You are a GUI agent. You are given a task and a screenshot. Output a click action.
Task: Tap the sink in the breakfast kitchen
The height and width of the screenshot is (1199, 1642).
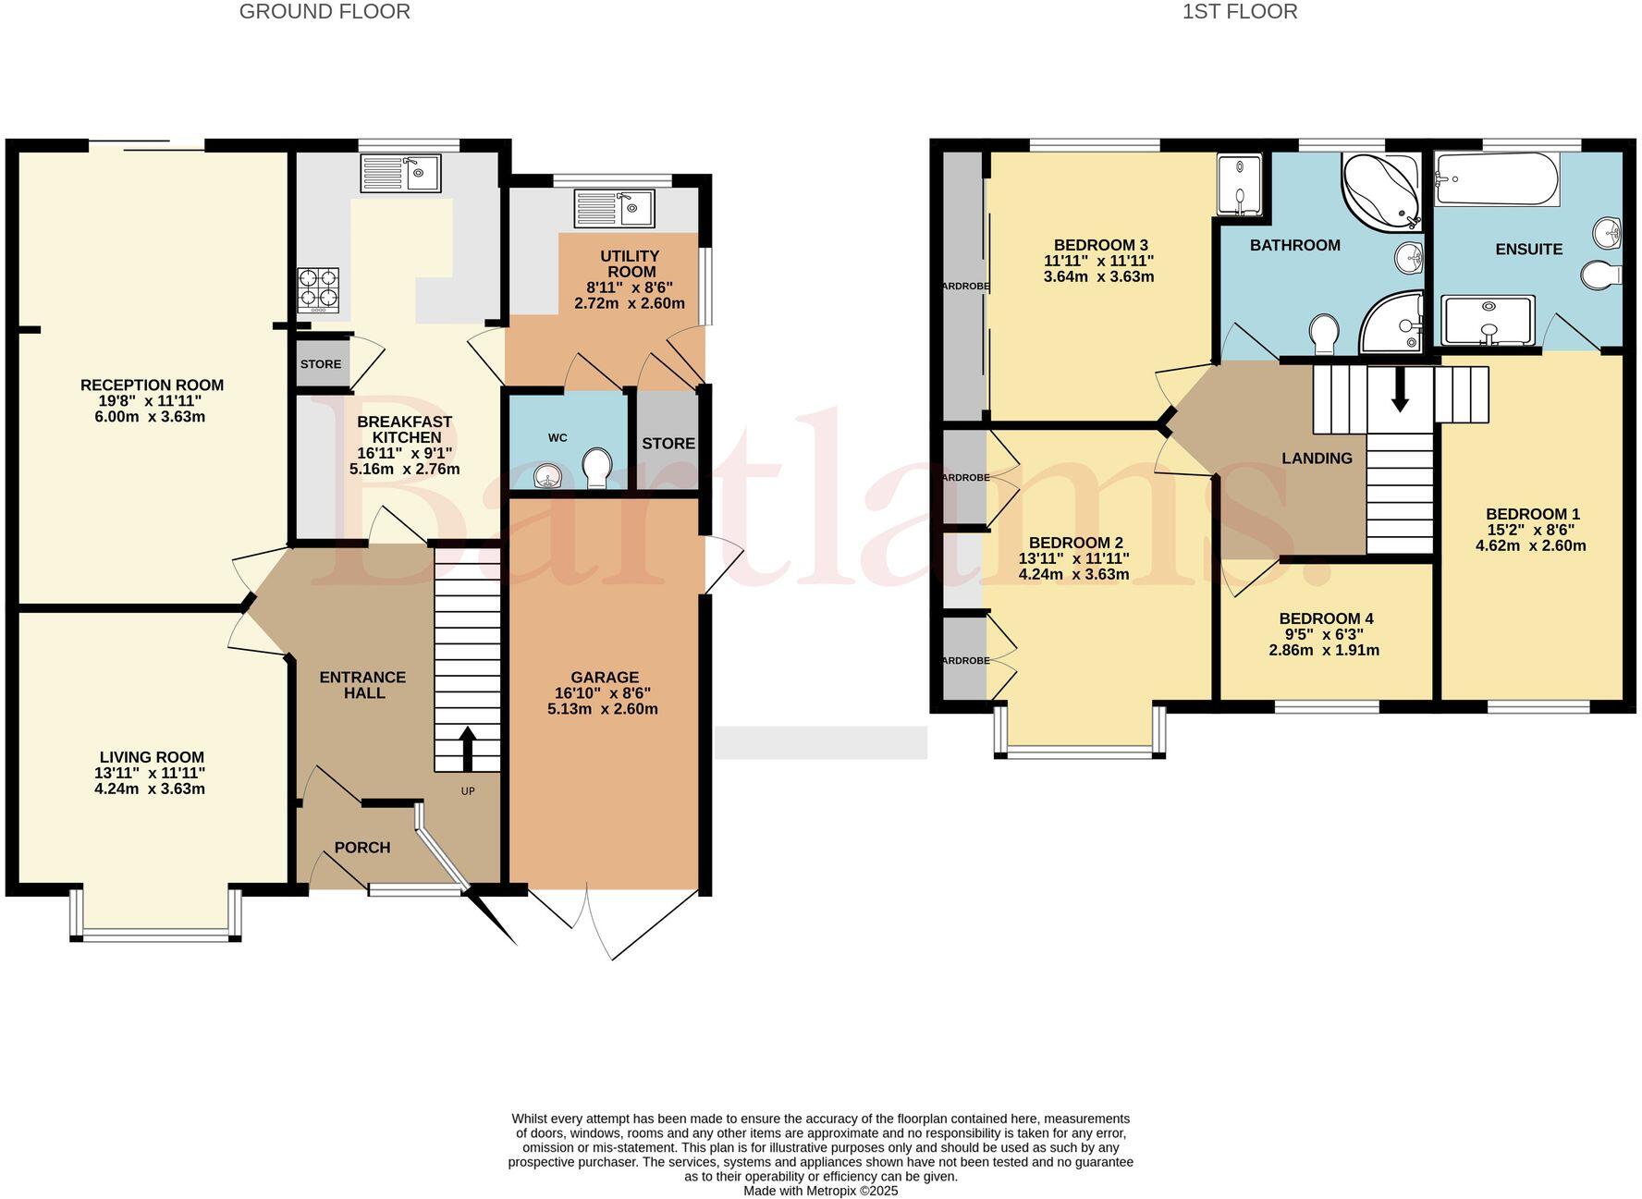400,173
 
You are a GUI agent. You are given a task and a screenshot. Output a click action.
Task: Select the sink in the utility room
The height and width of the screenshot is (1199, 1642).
614,208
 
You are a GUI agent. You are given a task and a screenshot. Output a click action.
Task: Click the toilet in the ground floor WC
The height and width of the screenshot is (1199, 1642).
597,468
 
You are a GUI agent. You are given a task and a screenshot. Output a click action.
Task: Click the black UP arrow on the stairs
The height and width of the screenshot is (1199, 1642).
467,747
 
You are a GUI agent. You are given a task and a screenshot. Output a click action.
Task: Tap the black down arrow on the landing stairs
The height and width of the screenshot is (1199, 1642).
1400,389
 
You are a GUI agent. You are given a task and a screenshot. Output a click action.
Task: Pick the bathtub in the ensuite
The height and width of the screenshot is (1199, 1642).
1496,180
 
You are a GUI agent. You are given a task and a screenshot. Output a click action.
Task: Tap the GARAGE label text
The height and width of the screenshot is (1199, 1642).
604,678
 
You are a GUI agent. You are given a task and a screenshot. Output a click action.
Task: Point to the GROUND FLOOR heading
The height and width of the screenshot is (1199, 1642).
325,12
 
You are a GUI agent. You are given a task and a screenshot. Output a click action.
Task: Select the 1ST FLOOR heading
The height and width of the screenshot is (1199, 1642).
1239,12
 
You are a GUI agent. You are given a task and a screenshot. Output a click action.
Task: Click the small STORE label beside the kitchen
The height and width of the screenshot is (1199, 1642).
320,364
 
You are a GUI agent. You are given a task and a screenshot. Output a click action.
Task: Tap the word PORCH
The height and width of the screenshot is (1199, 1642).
362,848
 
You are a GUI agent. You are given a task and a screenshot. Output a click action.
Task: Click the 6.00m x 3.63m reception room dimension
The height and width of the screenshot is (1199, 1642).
152,417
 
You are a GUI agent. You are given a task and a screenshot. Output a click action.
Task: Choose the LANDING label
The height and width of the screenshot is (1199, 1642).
1317,459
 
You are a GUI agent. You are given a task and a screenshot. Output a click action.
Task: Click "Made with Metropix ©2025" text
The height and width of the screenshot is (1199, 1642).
820,1192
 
